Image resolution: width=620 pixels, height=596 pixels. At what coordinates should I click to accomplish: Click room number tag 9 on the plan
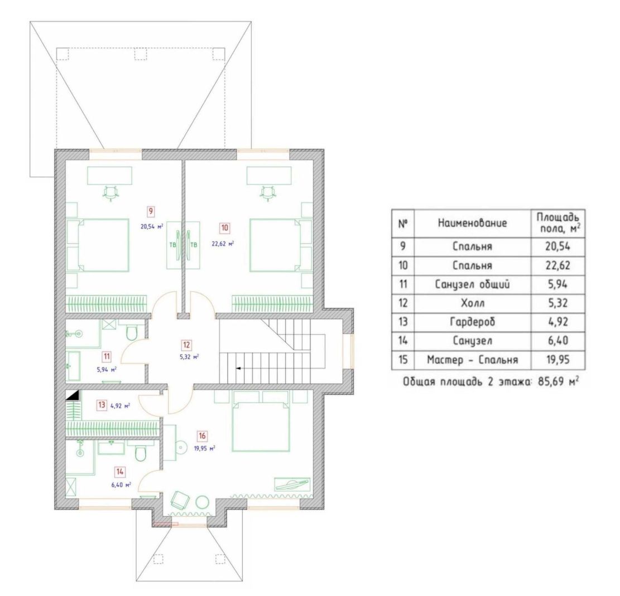click(x=151, y=211)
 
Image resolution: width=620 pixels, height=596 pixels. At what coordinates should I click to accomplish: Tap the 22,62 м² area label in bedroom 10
click(x=223, y=244)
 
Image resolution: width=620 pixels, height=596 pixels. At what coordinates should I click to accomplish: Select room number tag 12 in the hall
click(x=186, y=345)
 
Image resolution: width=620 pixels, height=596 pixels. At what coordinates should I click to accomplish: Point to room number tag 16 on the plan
click(x=202, y=436)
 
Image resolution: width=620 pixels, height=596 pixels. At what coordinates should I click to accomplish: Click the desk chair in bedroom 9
click(x=111, y=193)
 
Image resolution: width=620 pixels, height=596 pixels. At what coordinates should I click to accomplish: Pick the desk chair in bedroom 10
click(x=268, y=193)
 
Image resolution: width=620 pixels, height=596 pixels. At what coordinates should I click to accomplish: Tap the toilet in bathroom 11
click(x=131, y=332)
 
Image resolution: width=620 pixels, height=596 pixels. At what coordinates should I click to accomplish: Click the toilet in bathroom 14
click(x=141, y=453)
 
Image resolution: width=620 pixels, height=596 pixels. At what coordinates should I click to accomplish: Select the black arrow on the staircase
click(x=239, y=369)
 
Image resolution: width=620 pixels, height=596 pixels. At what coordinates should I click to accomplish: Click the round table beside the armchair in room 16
click(x=202, y=502)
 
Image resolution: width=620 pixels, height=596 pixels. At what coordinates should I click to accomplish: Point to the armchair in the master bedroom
click(x=180, y=501)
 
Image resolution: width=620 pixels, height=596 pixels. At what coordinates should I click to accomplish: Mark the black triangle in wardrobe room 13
click(x=73, y=395)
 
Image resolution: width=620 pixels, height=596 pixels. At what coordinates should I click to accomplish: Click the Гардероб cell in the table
click(x=472, y=322)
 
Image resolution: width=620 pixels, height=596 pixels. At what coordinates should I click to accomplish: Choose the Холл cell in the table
click(x=473, y=303)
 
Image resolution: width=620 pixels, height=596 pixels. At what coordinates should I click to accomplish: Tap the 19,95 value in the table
click(x=558, y=360)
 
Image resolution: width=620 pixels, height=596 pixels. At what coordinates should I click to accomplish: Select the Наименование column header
click(x=472, y=223)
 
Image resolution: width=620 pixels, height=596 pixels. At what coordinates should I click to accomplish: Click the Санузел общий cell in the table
click(x=472, y=284)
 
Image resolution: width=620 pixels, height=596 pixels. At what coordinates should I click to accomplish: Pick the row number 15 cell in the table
click(x=402, y=360)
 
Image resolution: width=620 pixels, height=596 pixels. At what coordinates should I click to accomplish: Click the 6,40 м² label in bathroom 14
click(x=121, y=484)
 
